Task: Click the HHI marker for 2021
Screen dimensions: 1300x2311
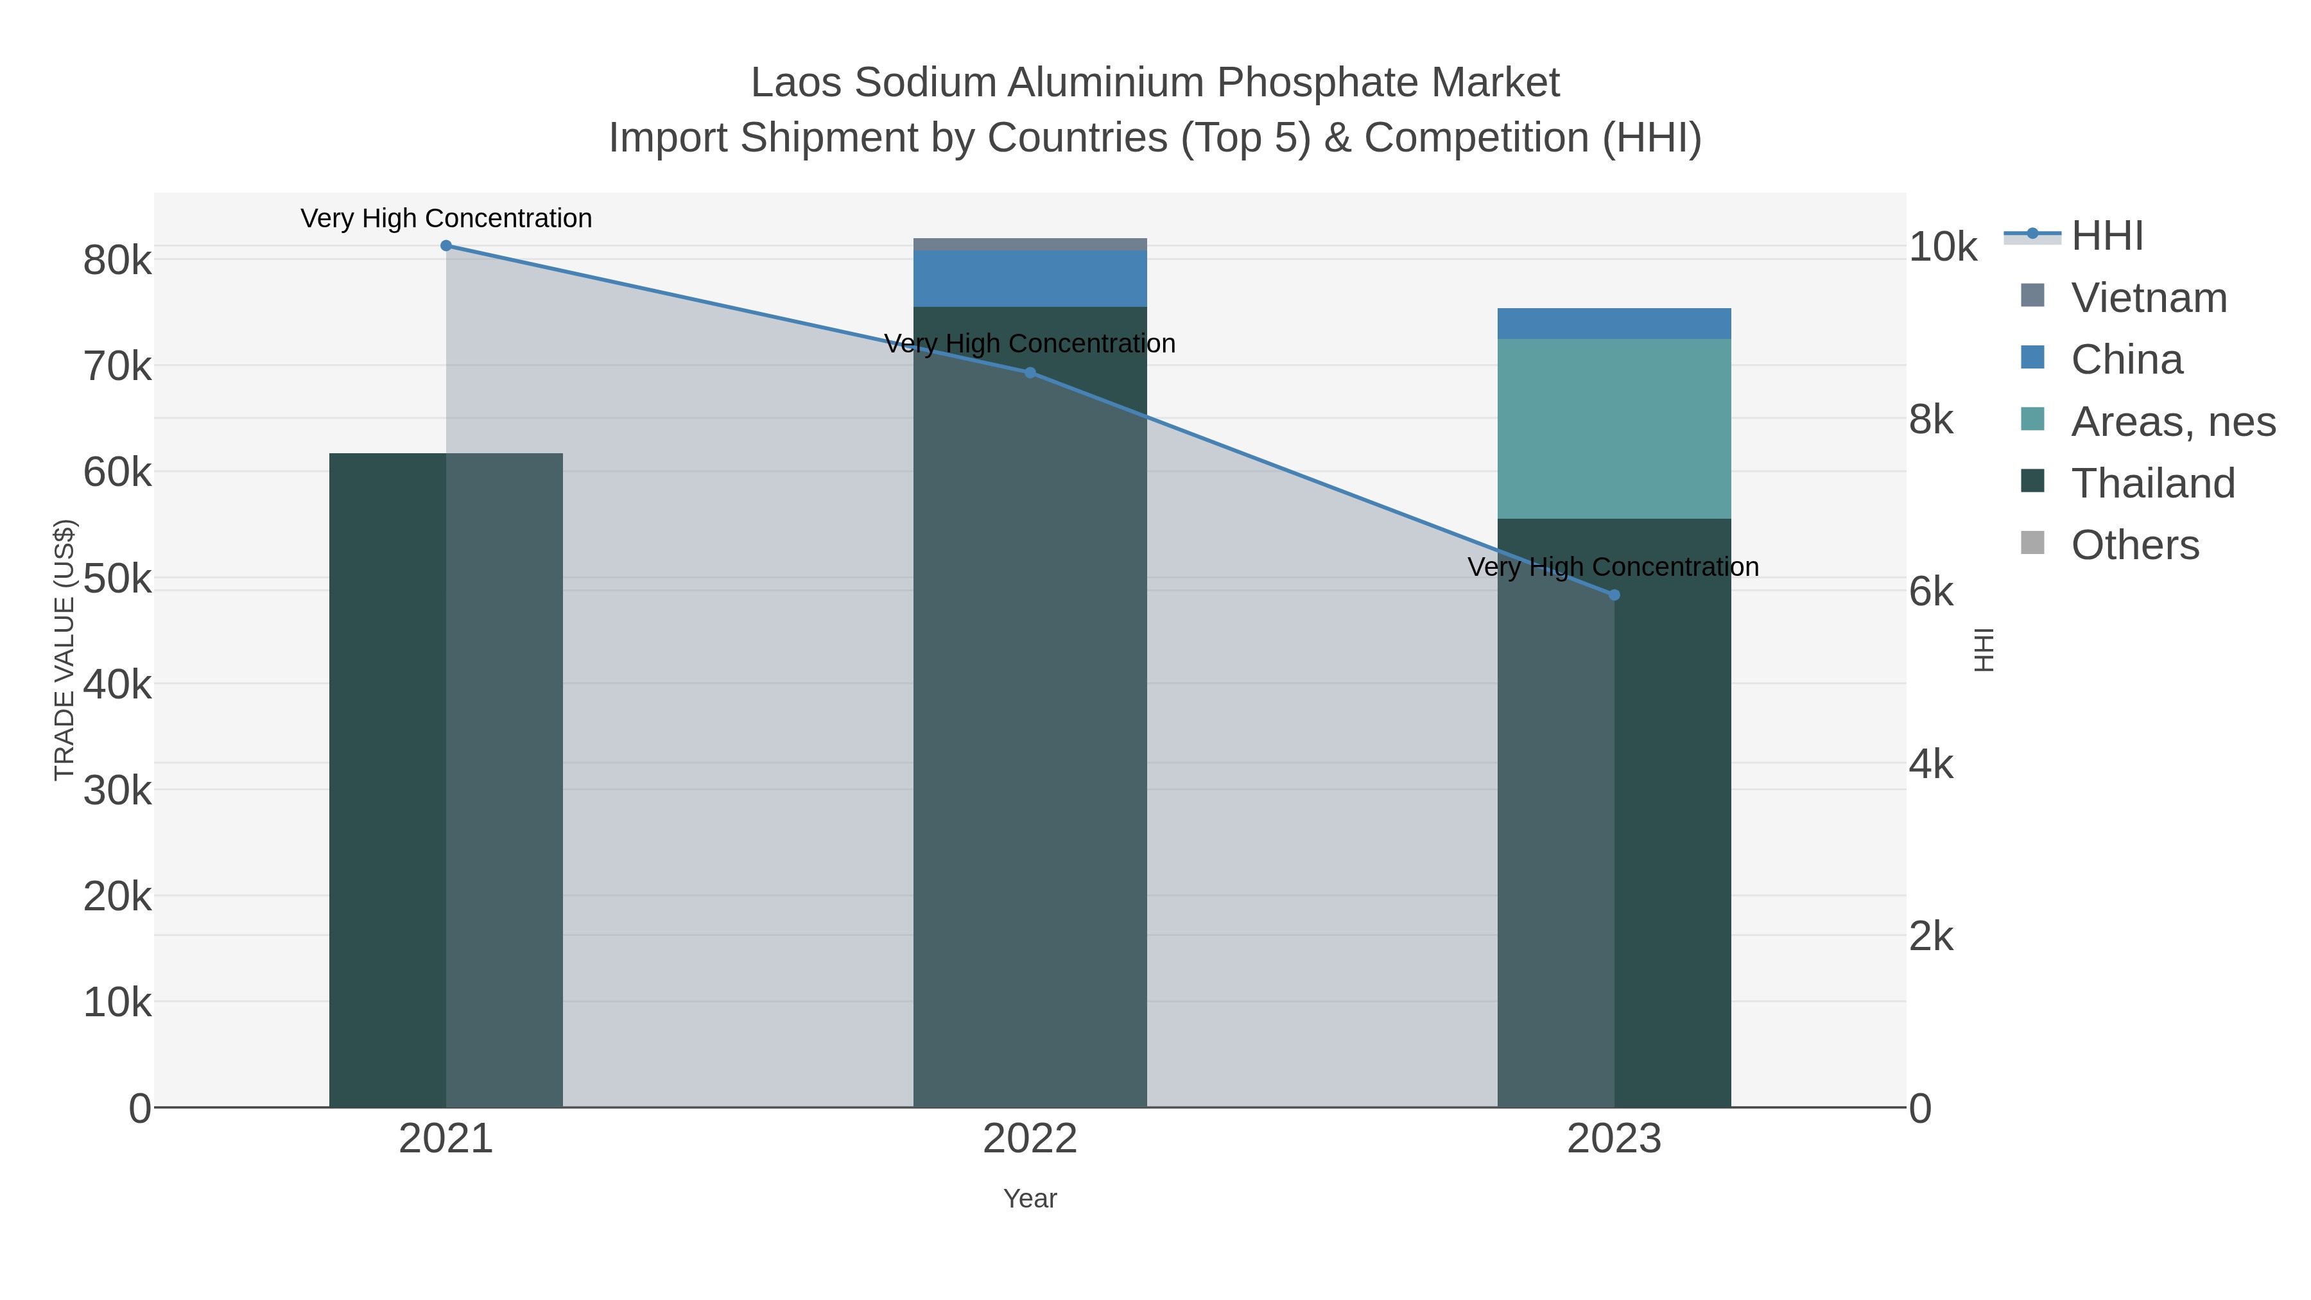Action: coord(446,246)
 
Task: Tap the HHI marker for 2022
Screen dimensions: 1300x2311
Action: coord(1030,372)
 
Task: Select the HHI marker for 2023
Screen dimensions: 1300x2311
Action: coord(1614,595)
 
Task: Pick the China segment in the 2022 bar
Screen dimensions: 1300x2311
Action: coord(1030,279)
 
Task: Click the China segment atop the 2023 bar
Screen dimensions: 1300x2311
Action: coord(1614,323)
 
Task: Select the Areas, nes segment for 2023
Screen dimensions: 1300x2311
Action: coord(1614,428)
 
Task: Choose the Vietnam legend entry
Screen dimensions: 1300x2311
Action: coord(2149,298)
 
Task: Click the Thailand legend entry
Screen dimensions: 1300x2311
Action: coord(2152,483)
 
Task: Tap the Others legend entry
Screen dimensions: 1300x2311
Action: coord(2134,544)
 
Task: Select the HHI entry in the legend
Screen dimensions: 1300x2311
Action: coord(2106,236)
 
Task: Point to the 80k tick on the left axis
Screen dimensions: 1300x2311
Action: coord(117,261)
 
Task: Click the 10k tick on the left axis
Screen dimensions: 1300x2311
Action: coord(117,1002)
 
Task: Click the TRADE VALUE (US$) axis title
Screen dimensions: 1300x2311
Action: coord(65,650)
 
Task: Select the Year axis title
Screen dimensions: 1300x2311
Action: coord(1030,1199)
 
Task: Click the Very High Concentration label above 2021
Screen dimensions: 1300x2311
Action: coord(446,218)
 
